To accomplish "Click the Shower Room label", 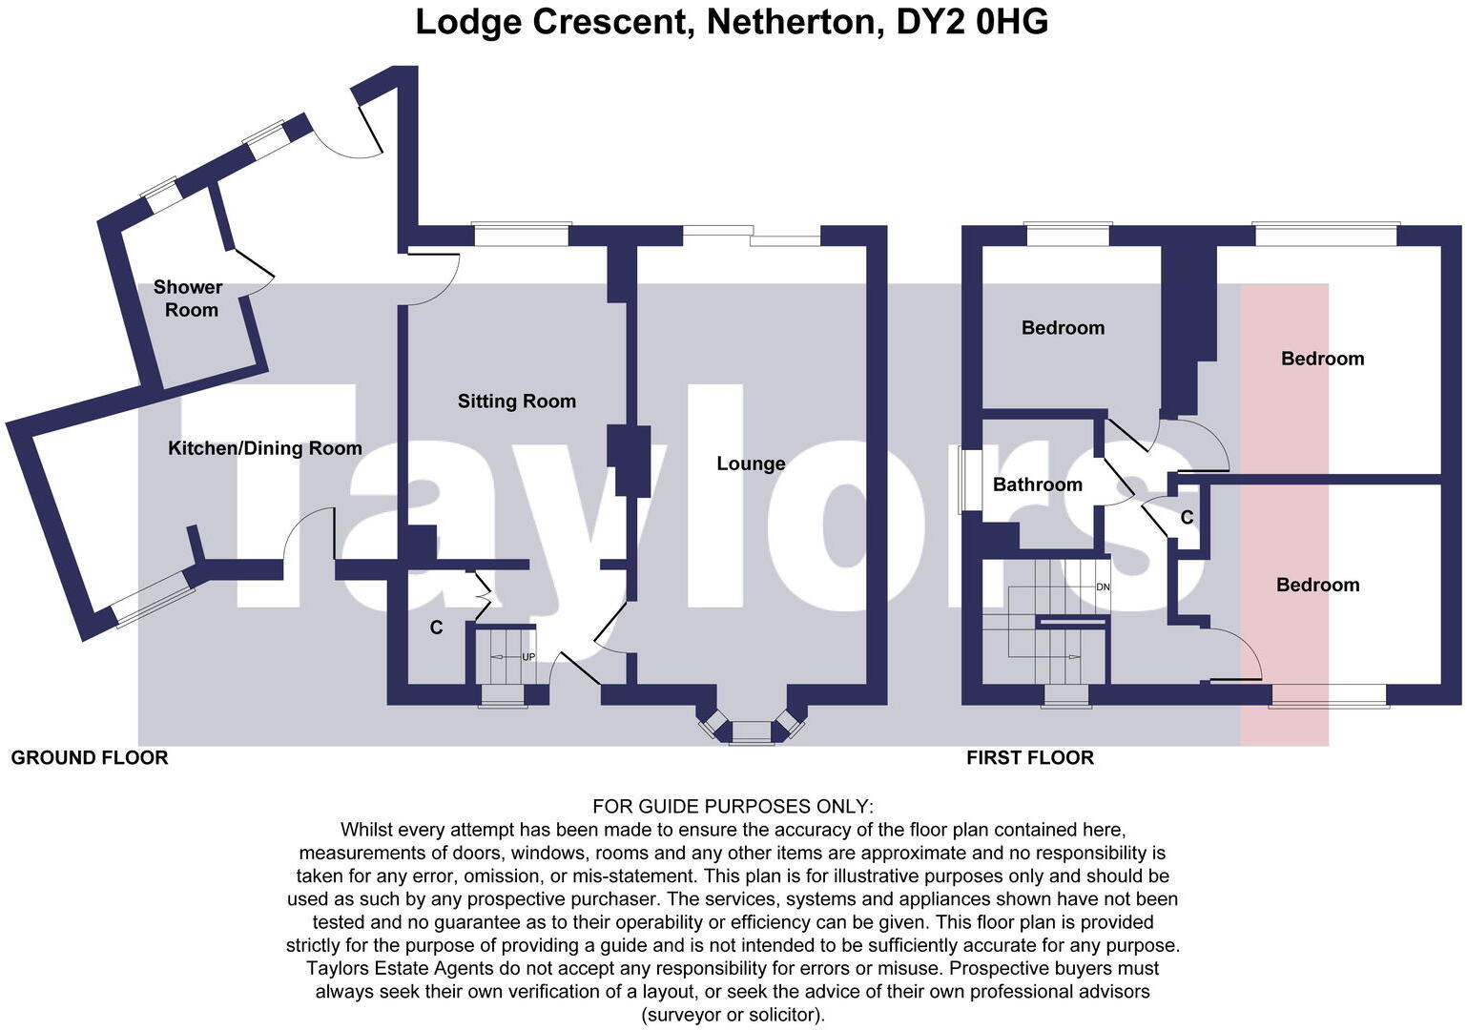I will (x=189, y=299).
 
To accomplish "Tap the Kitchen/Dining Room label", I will (x=264, y=448).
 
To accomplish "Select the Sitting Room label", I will (x=516, y=402).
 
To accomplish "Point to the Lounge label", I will (x=751, y=463).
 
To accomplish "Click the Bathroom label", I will (x=1037, y=484).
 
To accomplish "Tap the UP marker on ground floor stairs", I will (x=527, y=657).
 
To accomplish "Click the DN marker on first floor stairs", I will (x=1103, y=587).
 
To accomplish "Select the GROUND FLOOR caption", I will (x=90, y=758).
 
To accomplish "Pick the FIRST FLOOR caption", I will (x=1029, y=758).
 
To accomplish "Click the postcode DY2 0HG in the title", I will (x=972, y=21).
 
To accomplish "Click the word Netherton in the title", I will (x=794, y=21).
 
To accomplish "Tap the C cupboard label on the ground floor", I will (x=436, y=628).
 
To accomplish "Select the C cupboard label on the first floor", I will (x=1187, y=518).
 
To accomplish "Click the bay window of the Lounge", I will (x=752, y=731).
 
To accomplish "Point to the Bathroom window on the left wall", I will (x=966, y=482).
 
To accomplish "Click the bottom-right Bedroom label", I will (x=1317, y=586).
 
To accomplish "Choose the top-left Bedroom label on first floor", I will (x=1063, y=328).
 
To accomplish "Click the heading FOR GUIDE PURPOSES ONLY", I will (x=733, y=807).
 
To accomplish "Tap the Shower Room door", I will (x=251, y=271).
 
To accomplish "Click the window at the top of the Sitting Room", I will (x=521, y=233).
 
